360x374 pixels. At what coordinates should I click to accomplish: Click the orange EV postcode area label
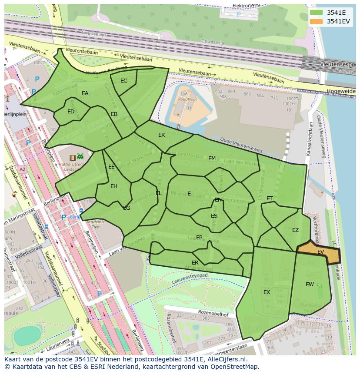tap(320, 252)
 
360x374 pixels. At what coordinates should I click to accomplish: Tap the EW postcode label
tap(310, 285)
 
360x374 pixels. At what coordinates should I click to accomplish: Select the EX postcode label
tap(267, 292)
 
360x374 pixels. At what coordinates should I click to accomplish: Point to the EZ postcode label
tap(295, 230)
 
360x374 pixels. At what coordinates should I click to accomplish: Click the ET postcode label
tap(270, 199)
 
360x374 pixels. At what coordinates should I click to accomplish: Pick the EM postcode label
tap(212, 159)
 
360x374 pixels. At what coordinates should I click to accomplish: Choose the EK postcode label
tap(161, 135)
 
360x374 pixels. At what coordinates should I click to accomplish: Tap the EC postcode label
tap(124, 81)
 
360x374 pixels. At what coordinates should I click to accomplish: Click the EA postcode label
tap(85, 93)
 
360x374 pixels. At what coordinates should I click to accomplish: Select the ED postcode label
tap(71, 112)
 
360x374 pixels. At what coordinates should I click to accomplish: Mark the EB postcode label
tap(114, 114)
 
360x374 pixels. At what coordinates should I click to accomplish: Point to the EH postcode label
tap(114, 186)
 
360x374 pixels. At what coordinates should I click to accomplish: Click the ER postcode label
tap(195, 263)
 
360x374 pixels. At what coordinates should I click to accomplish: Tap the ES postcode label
tap(214, 216)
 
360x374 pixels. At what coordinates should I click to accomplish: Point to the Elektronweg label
tap(246, 5)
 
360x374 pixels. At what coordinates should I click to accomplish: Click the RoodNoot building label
tap(184, 99)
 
